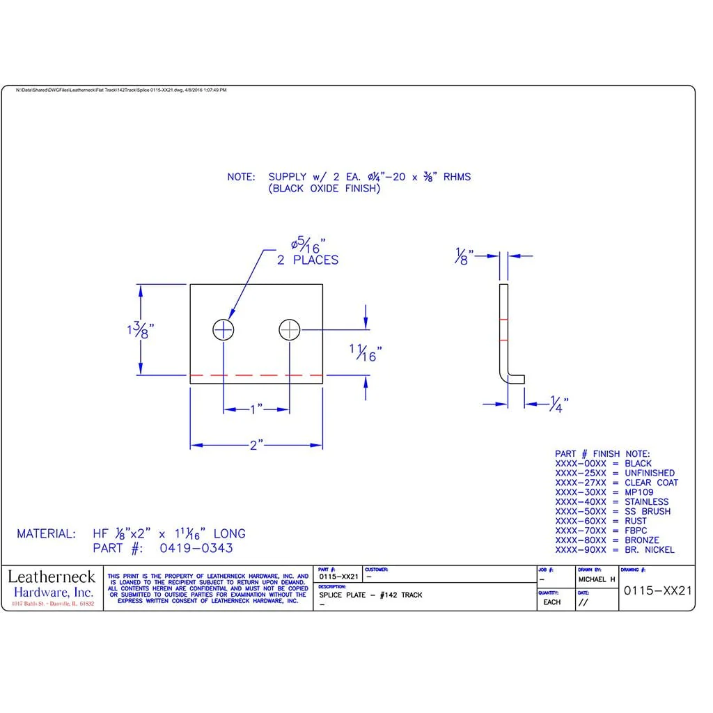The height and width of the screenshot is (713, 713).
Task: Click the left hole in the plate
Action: [x=224, y=329]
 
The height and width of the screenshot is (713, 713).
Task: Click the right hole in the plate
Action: [x=290, y=329]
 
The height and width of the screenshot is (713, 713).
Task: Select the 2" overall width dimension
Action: [x=256, y=446]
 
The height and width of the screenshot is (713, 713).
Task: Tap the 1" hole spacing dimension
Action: [x=256, y=410]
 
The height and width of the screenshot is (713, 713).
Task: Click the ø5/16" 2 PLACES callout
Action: [x=307, y=253]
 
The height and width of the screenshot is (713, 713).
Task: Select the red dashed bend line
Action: [x=256, y=375]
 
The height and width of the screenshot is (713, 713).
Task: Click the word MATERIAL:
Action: [x=46, y=534]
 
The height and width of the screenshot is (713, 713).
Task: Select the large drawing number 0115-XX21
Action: [x=657, y=590]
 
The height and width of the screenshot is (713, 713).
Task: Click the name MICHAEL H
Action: [x=597, y=579]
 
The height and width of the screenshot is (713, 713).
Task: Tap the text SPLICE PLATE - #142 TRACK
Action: [x=370, y=595]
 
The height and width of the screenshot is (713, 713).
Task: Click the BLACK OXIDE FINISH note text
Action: [x=324, y=189]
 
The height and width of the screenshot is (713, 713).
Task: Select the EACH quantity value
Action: [x=551, y=602]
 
